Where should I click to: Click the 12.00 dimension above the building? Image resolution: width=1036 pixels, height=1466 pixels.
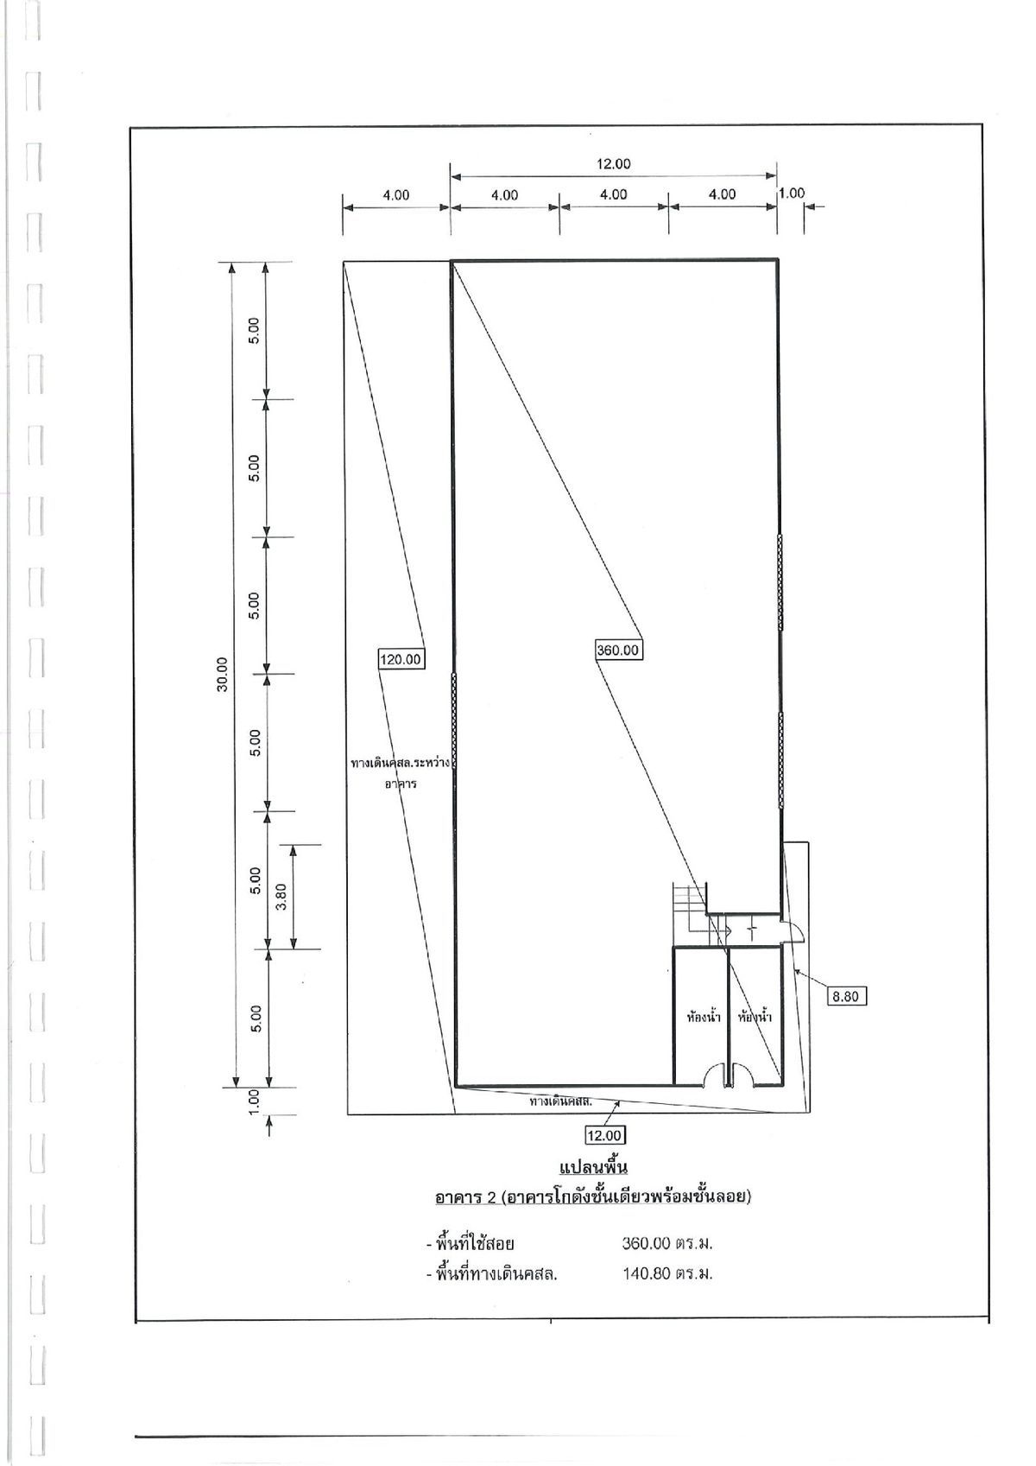pos(613,163)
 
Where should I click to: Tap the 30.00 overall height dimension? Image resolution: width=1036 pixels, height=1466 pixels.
pos(223,674)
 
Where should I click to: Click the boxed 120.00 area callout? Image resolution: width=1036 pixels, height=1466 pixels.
pos(401,658)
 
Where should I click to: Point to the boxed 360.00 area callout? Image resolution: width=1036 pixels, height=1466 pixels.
pos(617,650)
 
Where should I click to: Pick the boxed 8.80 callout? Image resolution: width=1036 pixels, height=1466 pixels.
pos(845,997)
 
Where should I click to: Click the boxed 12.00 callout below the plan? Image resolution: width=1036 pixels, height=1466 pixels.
pos(605,1135)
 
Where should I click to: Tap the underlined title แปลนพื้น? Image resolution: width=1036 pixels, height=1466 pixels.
pos(593,1167)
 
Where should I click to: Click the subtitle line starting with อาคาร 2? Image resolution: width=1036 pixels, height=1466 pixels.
pos(593,1197)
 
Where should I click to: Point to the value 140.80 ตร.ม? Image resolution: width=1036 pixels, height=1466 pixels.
pos(667,1273)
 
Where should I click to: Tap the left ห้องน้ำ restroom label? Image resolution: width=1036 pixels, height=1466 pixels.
pos(703,1018)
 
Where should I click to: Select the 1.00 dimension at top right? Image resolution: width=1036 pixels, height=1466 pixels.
pos(792,193)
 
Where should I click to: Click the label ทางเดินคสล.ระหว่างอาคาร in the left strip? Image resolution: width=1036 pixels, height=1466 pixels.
pos(401,773)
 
